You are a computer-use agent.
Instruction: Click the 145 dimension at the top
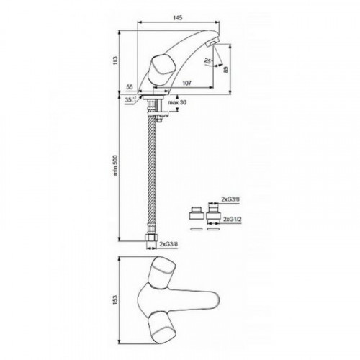[x=177, y=17]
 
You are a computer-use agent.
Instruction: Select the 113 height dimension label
[x=116, y=60]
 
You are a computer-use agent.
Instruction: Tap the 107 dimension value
[x=187, y=83]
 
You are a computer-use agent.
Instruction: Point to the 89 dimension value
[x=225, y=70]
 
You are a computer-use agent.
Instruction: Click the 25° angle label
[x=208, y=60]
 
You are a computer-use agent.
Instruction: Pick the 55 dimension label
[x=130, y=87]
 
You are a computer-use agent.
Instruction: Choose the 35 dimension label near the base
[x=130, y=100]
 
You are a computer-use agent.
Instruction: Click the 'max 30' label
[x=177, y=102]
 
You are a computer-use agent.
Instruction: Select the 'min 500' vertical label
[x=116, y=165]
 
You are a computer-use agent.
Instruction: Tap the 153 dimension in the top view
[x=116, y=300]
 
